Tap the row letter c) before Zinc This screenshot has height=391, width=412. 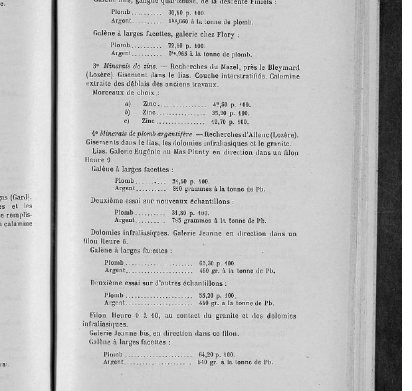pyautogui.click(x=127, y=122)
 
